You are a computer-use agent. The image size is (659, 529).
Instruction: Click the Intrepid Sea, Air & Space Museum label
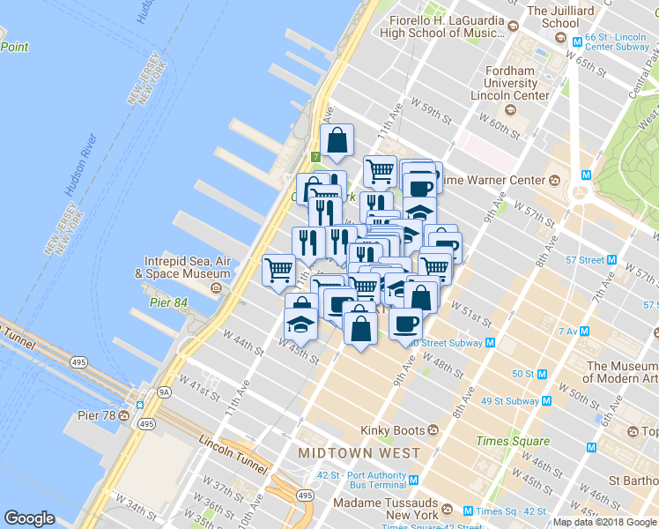click(183, 267)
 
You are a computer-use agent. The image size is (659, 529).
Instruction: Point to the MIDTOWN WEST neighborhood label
click(359, 452)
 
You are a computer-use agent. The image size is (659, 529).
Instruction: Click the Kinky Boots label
click(393, 431)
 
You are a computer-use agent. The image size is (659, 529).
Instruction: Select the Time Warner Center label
click(500, 181)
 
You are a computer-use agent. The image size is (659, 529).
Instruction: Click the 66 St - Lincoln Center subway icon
click(578, 41)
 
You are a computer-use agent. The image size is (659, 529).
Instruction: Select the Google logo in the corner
click(29, 518)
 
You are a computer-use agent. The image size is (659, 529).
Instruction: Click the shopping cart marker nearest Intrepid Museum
click(279, 268)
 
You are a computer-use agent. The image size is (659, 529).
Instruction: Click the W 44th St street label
click(243, 343)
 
